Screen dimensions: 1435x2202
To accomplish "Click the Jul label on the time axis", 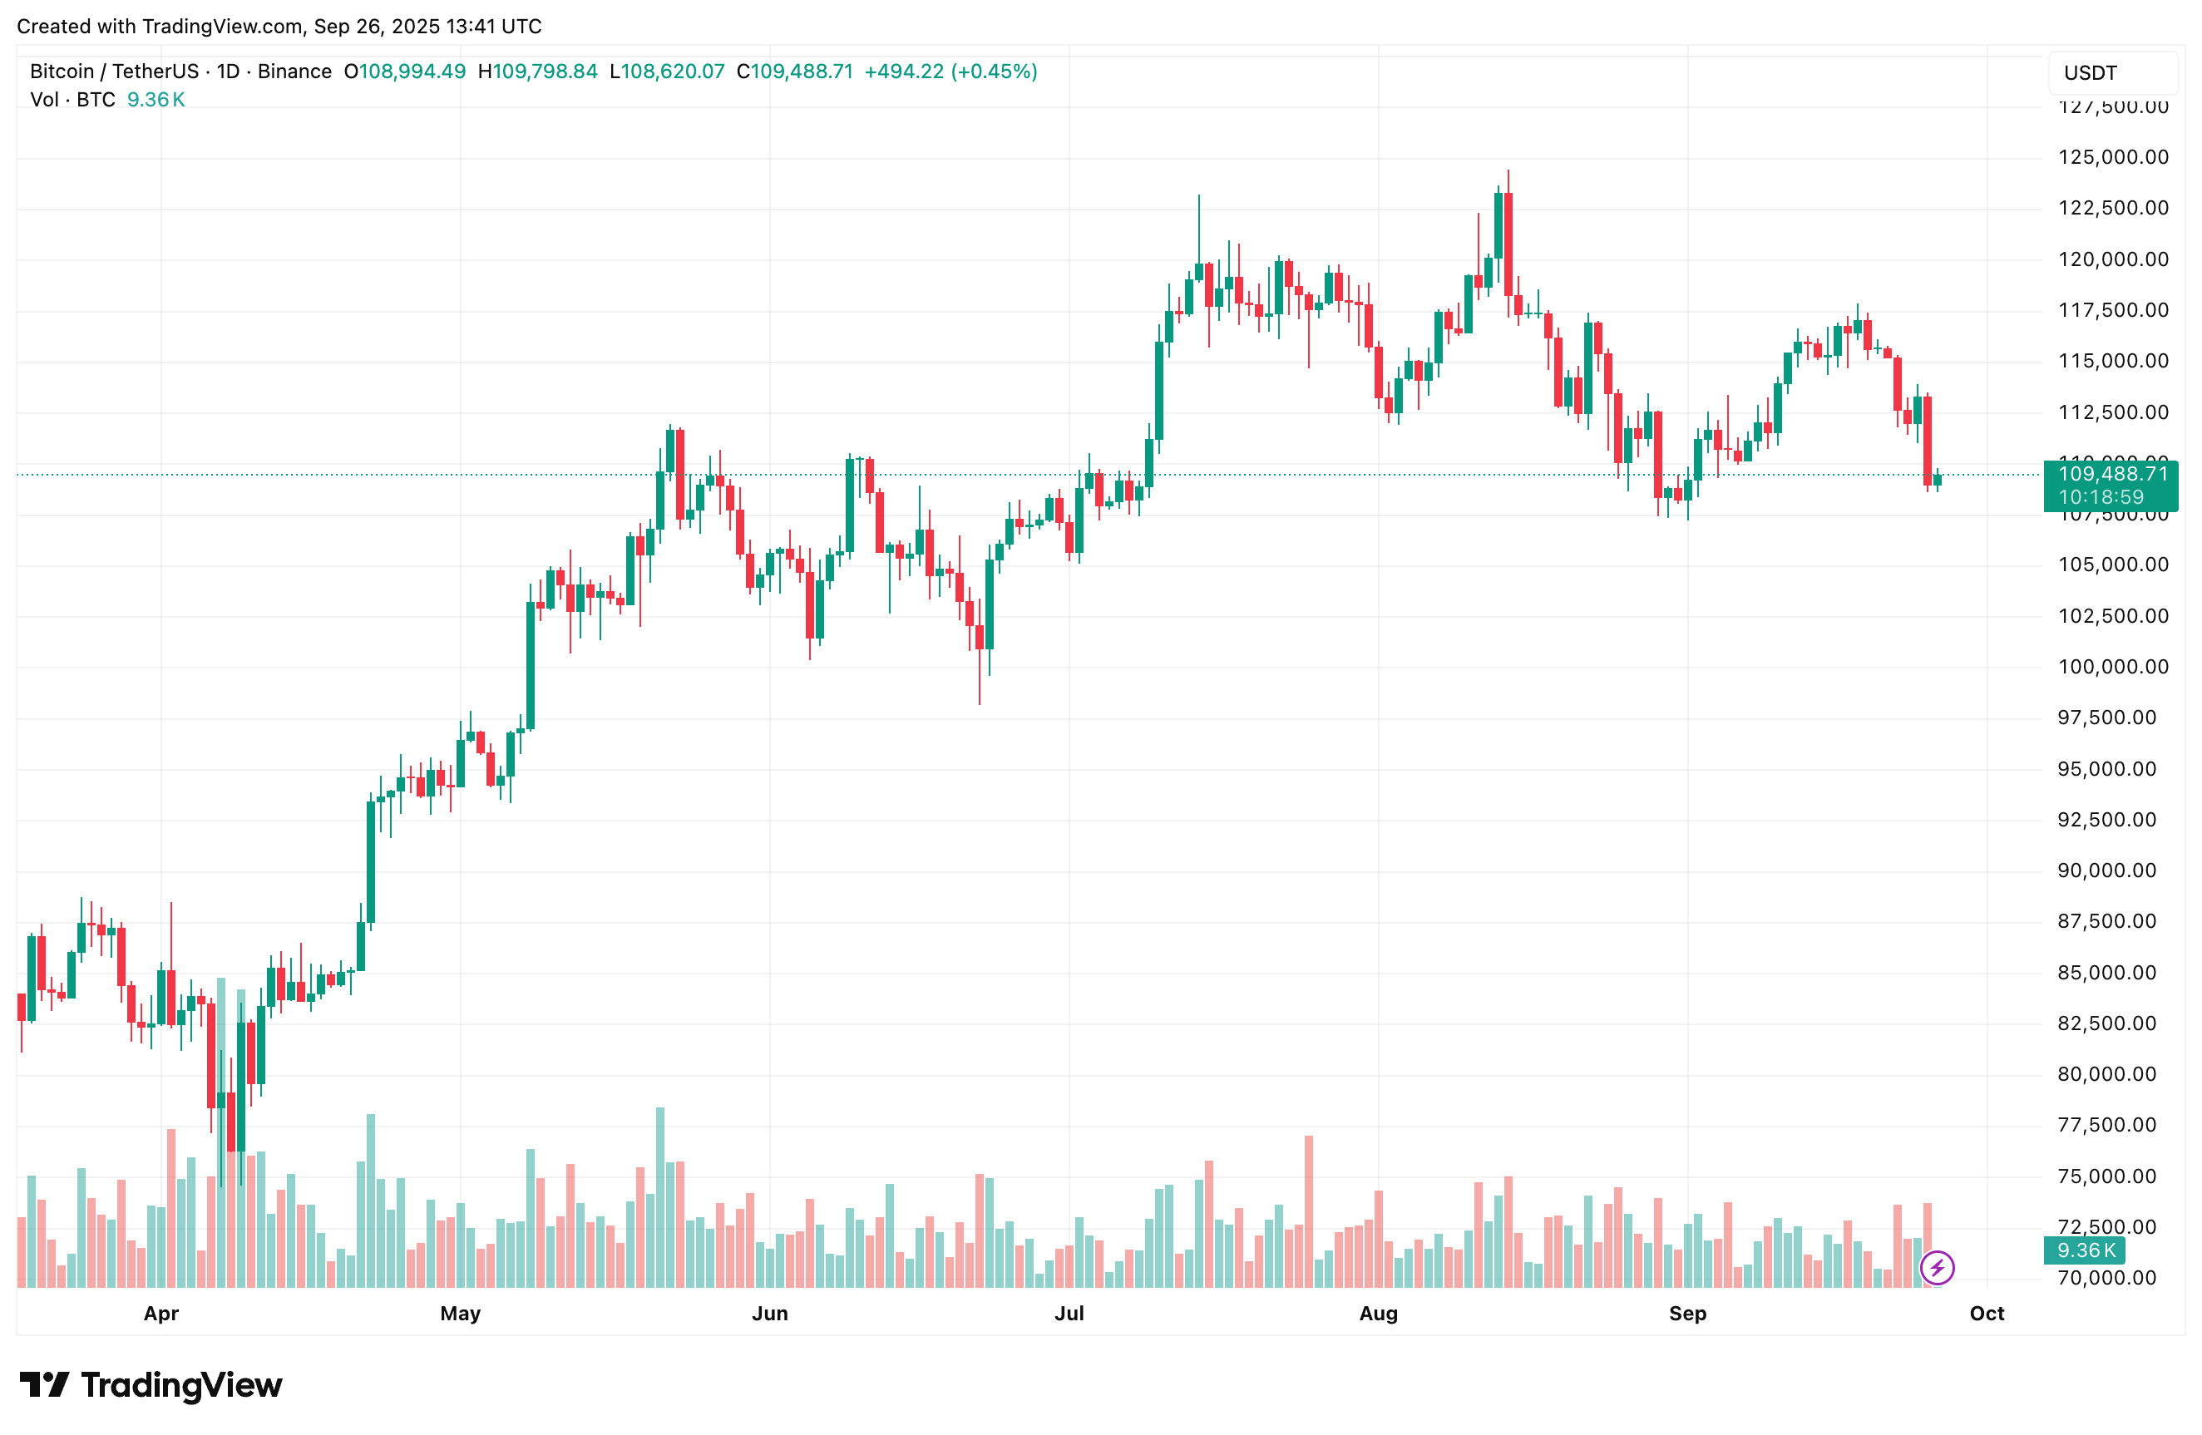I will click(1069, 1313).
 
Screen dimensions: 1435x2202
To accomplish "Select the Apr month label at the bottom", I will click(161, 1313).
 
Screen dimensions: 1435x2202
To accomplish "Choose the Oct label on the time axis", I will click(1987, 1313).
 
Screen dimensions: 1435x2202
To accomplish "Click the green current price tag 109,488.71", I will click(2111, 475).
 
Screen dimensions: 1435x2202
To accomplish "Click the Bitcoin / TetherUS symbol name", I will click(114, 72).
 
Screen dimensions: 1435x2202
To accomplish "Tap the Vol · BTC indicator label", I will click(72, 100).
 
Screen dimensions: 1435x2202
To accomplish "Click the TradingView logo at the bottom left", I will click(151, 1385).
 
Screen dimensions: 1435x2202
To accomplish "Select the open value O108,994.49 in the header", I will click(404, 72).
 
